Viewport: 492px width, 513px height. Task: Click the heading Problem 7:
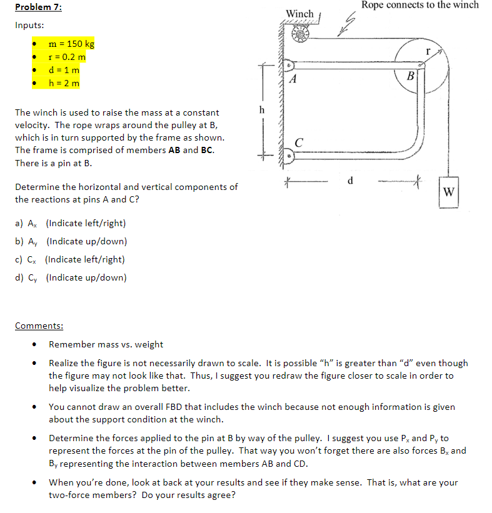pos(38,7)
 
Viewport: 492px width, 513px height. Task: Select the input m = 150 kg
pos(72,44)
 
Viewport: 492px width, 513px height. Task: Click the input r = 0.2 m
pos(68,57)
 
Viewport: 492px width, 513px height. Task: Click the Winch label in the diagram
pos(299,14)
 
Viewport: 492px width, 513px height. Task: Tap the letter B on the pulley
pos(410,76)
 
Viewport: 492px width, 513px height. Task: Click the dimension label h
pos(261,110)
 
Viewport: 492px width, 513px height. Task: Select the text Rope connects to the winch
pos(419,5)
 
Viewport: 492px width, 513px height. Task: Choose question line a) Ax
pos(70,223)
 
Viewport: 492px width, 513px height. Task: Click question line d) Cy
pos(70,277)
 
